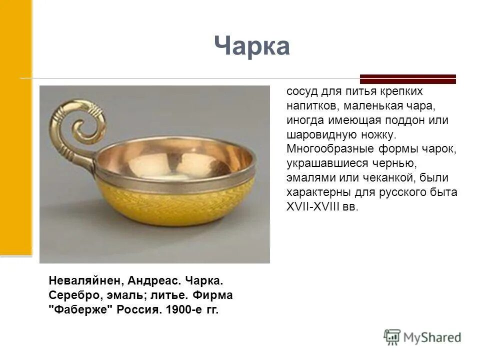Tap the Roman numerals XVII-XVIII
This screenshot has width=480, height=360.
click(x=313, y=207)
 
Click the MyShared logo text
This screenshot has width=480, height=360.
click(x=432, y=337)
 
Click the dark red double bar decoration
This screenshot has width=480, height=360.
click(x=408, y=78)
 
